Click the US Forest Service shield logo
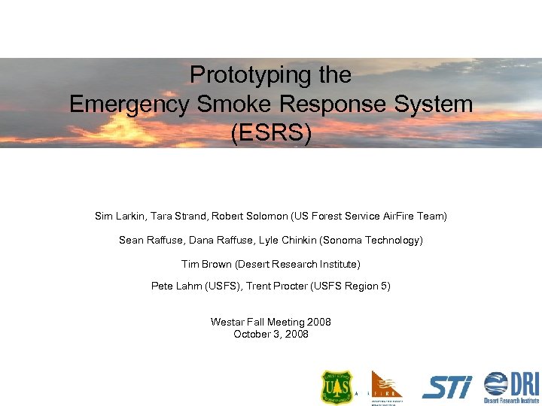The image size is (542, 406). (336, 387)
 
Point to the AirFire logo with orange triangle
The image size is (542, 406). (386, 386)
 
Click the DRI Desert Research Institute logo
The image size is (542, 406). (512, 387)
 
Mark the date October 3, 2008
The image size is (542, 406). (271, 334)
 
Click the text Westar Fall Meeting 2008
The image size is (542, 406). (271, 322)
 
